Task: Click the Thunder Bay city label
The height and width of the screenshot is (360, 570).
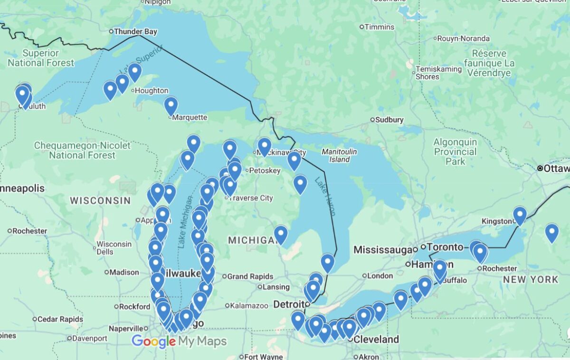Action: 136,32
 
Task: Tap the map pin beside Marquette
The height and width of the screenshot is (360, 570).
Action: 171,105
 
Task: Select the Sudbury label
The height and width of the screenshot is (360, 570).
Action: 389,120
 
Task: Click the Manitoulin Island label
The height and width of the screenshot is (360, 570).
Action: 339,155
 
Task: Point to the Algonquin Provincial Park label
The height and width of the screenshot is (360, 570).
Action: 455,152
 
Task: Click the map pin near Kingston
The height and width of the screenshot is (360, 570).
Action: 520,215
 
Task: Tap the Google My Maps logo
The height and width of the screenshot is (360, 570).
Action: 179,341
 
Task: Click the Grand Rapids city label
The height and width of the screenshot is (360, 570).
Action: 250,276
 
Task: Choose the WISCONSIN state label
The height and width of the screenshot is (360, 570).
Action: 100,200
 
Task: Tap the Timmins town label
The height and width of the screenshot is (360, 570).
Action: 379,27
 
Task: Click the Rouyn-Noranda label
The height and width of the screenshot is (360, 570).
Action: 463,38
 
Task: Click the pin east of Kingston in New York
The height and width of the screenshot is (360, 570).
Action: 551,232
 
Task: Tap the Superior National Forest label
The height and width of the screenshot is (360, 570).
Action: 41,58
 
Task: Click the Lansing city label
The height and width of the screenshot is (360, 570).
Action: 276,287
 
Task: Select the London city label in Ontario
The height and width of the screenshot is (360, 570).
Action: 380,275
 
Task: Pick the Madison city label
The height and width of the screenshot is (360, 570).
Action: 124,273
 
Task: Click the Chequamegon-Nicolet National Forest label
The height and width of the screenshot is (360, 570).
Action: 82,150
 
